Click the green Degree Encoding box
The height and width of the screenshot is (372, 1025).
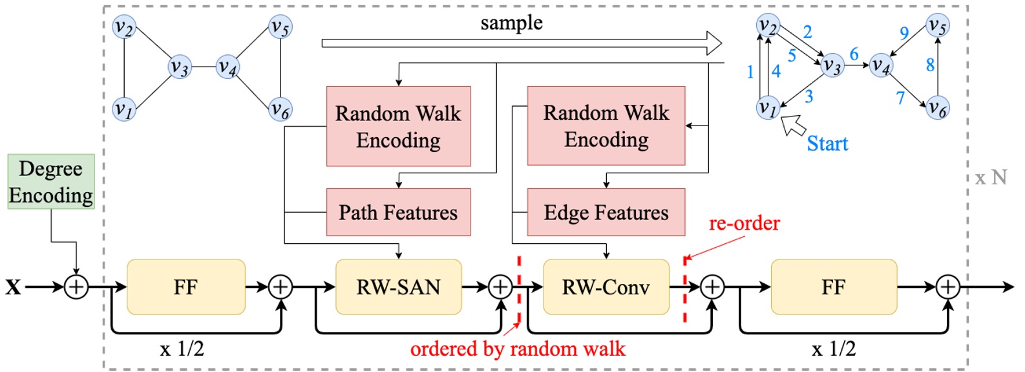click(x=51, y=182)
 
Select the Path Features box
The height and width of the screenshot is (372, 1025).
click(x=398, y=212)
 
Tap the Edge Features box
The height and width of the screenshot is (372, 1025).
click(x=606, y=212)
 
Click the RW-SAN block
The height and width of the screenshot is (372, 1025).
click(x=398, y=287)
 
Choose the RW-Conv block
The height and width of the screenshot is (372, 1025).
click(x=606, y=287)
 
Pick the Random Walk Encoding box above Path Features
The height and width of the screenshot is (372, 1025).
click(x=398, y=126)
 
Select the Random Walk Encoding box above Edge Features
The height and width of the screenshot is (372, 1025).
click(x=606, y=126)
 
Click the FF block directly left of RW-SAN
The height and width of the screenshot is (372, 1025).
click(x=185, y=287)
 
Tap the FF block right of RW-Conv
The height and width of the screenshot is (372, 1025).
click(x=833, y=287)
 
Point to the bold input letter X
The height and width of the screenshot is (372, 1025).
click(x=13, y=287)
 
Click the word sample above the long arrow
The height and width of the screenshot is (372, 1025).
click(x=511, y=23)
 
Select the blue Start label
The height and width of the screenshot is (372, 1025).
click(x=827, y=144)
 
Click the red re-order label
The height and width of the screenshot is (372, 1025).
click(x=744, y=223)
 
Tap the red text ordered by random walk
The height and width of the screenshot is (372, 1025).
click(x=518, y=349)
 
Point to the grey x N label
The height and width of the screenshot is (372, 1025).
click(x=991, y=177)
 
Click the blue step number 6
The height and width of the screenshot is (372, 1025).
click(x=854, y=54)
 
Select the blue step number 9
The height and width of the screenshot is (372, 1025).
click(x=904, y=33)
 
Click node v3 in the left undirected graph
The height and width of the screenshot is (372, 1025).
click(x=179, y=67)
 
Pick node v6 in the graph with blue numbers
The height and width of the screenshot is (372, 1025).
click(x=937, y=108)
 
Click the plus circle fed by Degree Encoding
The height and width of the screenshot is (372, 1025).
click(x=76, y=287)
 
